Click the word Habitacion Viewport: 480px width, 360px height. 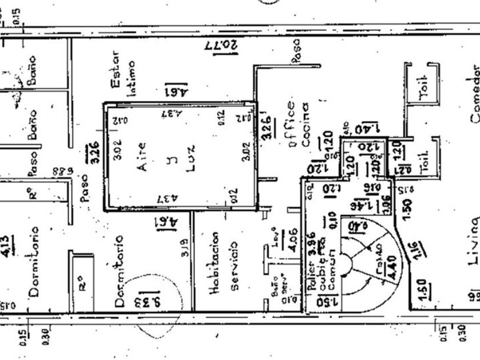[215, 263]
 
